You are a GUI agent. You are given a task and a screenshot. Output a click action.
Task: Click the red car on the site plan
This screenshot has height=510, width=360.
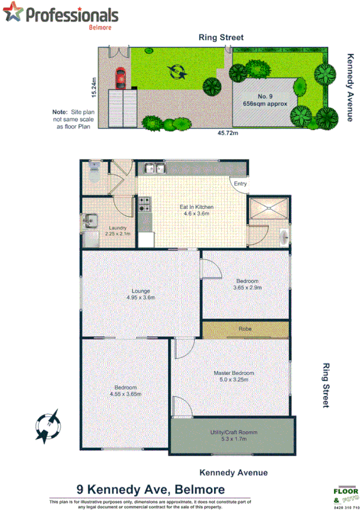pos(121,77)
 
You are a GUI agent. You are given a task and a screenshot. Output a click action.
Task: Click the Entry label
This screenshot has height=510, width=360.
pos(240,184)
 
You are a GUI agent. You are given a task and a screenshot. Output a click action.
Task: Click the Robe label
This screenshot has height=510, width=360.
pos(245,329)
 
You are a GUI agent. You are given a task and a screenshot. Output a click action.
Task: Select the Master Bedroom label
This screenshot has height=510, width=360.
pos(234,376)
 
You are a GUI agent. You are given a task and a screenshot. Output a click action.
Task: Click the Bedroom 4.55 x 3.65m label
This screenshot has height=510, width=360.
pos(125,390)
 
